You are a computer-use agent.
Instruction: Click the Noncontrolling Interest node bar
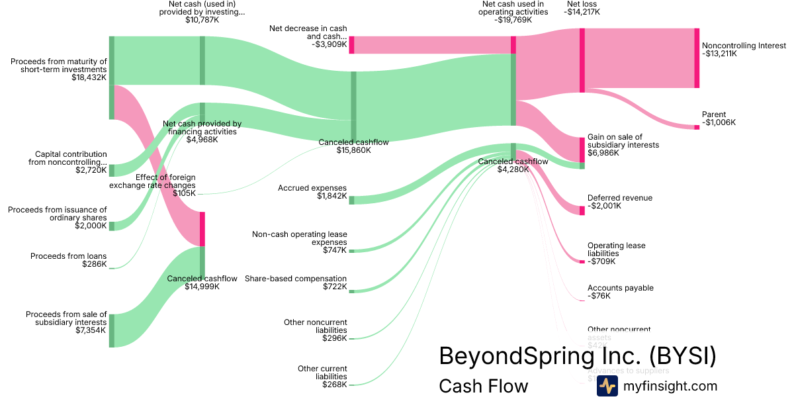coord(697,58)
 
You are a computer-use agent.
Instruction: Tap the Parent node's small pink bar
coord(697,127)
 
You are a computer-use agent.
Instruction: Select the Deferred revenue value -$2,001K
coord(603,206)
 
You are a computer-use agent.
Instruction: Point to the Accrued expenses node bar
coord(351,200)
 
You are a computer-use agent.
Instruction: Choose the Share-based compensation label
coord(296,279)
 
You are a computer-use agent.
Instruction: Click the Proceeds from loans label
coord(68,256)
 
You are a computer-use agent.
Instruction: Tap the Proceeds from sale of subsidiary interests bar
coord(112,330)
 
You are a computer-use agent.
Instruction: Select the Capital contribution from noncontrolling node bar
coord(112,171)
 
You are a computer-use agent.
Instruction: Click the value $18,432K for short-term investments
coord(89,77)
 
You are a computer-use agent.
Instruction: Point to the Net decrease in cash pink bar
coord(351,45)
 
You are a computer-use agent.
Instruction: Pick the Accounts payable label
coord(620,288)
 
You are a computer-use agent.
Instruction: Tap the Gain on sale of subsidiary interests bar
coord(582,150)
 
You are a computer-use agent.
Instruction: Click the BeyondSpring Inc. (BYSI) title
coord(577,356)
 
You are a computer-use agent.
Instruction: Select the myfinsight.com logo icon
coord(607,386)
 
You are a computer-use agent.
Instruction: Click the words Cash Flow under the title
coord(483,386)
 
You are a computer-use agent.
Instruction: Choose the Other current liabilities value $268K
coord(334,385)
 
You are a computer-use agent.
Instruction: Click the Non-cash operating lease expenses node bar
coord(351,251)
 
